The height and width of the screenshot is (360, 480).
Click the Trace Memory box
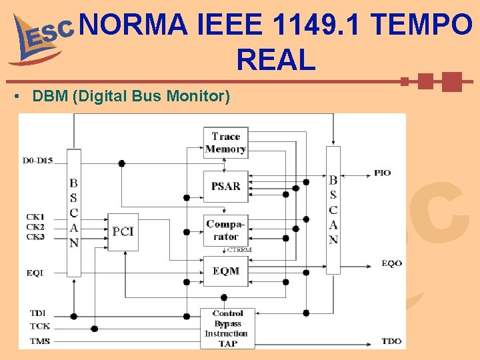point(225,143)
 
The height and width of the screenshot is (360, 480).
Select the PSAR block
point(225,186)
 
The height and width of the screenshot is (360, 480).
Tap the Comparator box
point(225,230)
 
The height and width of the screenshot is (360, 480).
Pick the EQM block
point(225,271)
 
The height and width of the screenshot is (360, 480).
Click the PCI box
point(123,232)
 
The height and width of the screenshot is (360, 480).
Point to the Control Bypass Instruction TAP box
point(227,328)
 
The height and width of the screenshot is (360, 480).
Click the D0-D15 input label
point(39,160)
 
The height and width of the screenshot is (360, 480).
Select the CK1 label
point(35,217)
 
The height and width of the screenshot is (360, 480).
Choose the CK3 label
point(35,237)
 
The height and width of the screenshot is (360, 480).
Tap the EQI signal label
point(35,272)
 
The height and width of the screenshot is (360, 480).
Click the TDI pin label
point(38,313)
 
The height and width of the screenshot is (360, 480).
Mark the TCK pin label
point(39,326)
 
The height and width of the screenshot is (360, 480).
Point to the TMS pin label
point(39,341)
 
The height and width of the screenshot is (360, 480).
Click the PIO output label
point(382,173)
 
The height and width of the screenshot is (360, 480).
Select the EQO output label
point(391,263)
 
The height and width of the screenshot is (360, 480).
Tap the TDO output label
point(391,341)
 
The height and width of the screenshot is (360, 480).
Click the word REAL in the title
point(275,61)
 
